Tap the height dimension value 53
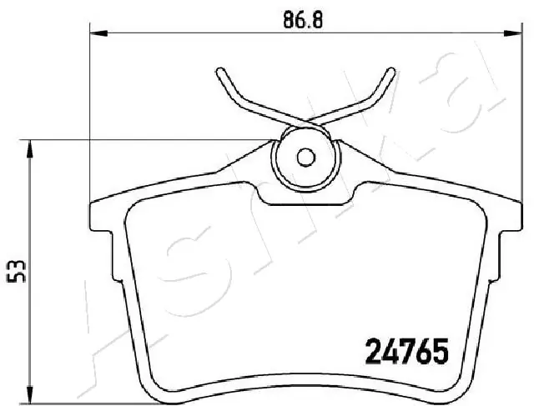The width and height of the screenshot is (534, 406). (22, 272)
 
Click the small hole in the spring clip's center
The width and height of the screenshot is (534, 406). (306, 156)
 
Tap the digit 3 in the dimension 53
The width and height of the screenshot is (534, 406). (22, 264)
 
